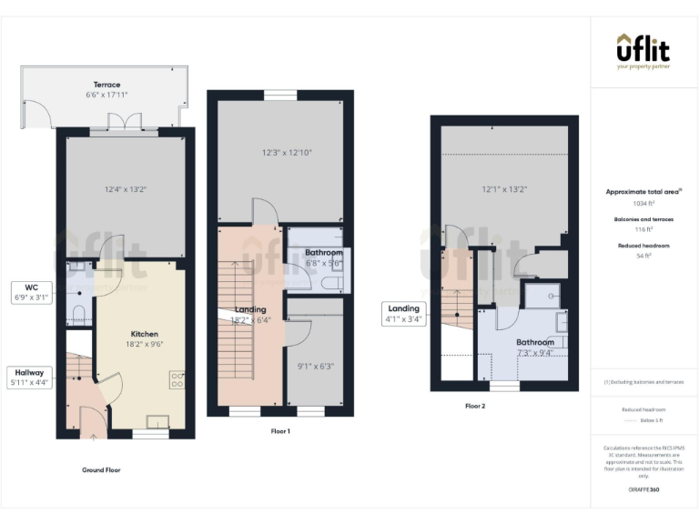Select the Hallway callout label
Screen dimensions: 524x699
30,377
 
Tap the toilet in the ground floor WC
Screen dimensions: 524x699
79,315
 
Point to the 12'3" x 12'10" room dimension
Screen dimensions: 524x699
280,153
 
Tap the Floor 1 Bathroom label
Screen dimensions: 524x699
323,252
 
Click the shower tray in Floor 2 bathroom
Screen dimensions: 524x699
549,293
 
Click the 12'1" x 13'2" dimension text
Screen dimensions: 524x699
505,189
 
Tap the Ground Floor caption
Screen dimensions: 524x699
100,470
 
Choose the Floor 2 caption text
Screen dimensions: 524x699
475,406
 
